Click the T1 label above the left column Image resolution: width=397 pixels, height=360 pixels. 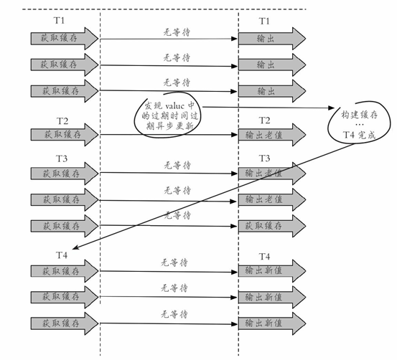pos(59,21)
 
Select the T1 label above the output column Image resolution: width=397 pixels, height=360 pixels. pos(264,21)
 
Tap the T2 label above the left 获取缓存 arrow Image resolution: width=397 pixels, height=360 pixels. pos(62,121)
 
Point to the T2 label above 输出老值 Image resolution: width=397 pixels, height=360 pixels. pos(265,120)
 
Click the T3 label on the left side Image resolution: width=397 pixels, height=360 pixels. pos(62,158)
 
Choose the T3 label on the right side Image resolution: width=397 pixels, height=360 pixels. pos(265,158)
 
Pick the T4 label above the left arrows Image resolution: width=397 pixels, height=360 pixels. pos(62,255)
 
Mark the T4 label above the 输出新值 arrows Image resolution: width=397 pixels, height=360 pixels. pos(265,257)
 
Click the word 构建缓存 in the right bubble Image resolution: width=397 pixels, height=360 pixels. pos(359,115)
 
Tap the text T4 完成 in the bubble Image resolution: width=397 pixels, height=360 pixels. pos(359,135)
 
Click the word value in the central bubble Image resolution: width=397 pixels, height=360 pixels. pos(174,105)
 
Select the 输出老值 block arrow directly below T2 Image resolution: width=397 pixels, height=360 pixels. pos(272,135)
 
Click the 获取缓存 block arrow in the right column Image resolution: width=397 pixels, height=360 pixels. pos(272,226)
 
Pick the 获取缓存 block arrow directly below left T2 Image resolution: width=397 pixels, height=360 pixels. pos(65,135)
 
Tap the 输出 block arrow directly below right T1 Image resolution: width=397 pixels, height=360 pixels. pos(272,39)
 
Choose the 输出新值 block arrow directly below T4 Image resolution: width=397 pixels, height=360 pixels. pos(272,271)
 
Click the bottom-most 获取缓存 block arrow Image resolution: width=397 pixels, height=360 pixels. pos(65,323)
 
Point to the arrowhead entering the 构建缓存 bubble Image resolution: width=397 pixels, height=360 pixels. pos(332,108)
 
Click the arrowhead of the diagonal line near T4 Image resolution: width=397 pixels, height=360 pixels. pos(75,247)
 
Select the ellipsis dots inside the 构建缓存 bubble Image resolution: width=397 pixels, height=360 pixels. pos(359,125)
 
